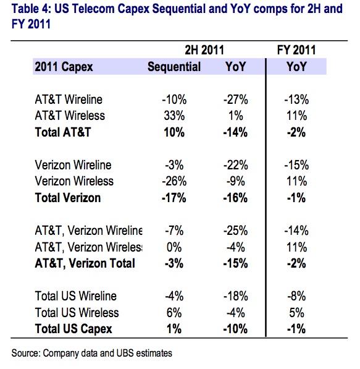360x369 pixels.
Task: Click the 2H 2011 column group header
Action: [204, 50]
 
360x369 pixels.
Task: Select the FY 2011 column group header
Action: [296, 50]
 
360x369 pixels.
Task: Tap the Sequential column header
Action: [174, 67]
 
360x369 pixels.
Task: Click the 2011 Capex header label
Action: [64, 67]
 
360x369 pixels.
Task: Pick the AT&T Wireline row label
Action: [69, 100]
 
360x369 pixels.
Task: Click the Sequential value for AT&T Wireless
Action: [174, 116]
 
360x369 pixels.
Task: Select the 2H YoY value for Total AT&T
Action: [235, 132]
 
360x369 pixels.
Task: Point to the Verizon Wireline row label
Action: [73, 165]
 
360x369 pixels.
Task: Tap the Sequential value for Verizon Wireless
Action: [174, 182]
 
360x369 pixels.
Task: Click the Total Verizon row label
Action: [68, 198]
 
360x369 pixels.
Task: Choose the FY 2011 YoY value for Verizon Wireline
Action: [296, 165]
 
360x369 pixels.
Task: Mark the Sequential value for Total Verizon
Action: [174, 198]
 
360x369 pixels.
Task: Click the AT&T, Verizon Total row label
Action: [85, 263]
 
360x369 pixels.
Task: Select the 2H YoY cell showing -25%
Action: [235, 231]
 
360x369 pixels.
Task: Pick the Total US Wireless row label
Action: [77, 313]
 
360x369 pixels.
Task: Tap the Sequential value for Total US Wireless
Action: [174, 313]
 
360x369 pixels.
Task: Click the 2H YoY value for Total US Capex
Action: [235, 329]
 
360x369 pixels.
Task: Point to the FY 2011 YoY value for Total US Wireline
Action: [296, 296]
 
